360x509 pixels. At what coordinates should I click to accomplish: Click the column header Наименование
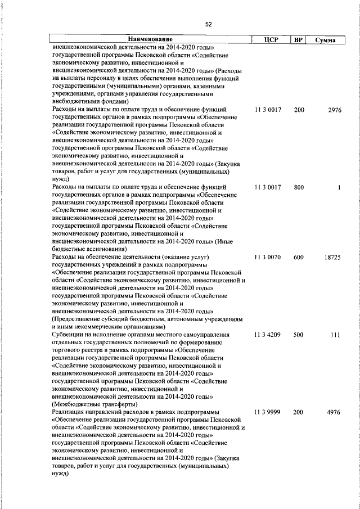tap(150, 40)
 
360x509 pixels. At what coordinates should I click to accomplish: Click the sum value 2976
tap(334, 110)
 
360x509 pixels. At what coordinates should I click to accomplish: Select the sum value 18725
tap(332, 258)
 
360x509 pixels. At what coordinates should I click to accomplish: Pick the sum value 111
tap(336, 335)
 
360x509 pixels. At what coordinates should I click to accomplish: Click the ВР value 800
tap(299, 187)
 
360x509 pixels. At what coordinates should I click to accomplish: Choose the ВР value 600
tap(299, 258)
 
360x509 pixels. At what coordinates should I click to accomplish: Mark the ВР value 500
tap(299, 335)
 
